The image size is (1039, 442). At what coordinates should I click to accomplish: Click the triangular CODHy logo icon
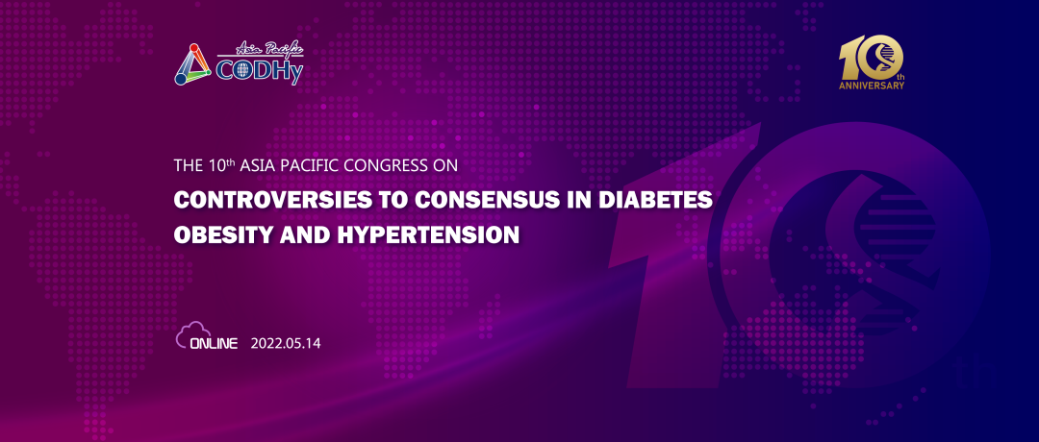coord(192,64)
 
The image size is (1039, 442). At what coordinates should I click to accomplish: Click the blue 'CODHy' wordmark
coord(259,72)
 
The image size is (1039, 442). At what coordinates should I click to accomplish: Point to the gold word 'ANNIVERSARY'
coord(872,86)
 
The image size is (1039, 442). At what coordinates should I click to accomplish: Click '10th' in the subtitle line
coord(217,164)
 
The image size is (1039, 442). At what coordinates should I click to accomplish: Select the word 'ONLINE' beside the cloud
coord(214,343)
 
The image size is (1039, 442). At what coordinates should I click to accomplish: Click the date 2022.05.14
coord(286,343)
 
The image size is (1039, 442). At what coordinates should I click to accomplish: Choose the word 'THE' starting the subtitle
coord(186,164)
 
